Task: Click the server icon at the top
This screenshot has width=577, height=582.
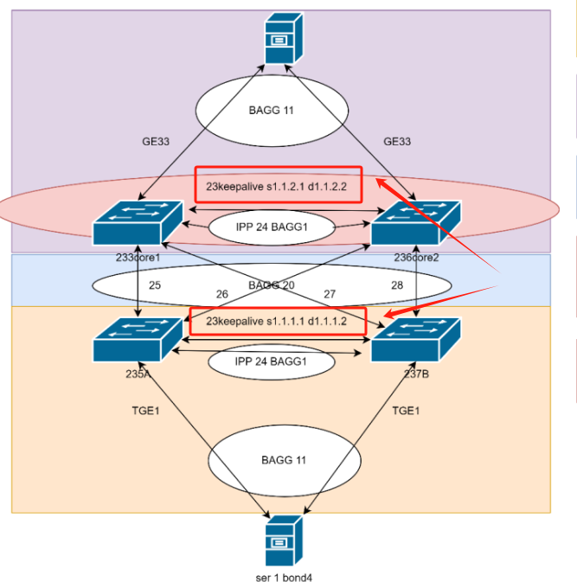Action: tap(284, 38)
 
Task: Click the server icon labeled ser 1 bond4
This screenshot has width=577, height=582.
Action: tap(284, 541)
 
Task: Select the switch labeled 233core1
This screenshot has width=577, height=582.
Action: tap(138, 223)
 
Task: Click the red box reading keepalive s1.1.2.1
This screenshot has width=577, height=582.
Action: tap(277, 184)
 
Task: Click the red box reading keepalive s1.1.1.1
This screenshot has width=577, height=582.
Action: tap(277, 321)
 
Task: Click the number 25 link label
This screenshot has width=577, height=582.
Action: tap(155, 285)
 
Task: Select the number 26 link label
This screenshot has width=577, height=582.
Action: tap(222, 294)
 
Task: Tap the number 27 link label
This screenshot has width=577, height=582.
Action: tap(330, 294)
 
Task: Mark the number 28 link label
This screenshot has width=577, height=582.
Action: tap(396, 285)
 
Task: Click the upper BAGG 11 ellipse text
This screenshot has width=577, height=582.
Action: tap(272, 111)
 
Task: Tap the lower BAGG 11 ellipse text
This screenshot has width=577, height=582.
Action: tap(284, 460)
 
